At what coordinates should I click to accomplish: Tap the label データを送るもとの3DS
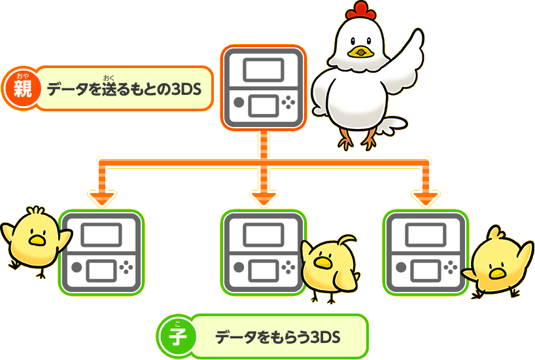(x=124, y=88)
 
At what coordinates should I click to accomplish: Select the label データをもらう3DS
(x=278, y=337)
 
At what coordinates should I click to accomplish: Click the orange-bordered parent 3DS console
(x=264, y=87)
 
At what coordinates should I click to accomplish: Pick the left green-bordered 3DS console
(x=101, y=252)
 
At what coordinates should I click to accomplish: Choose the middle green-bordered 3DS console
(x=264, y=252)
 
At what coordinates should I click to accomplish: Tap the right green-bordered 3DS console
(x=426, y=252)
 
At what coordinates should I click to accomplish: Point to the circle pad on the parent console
(x=239, y=103)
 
